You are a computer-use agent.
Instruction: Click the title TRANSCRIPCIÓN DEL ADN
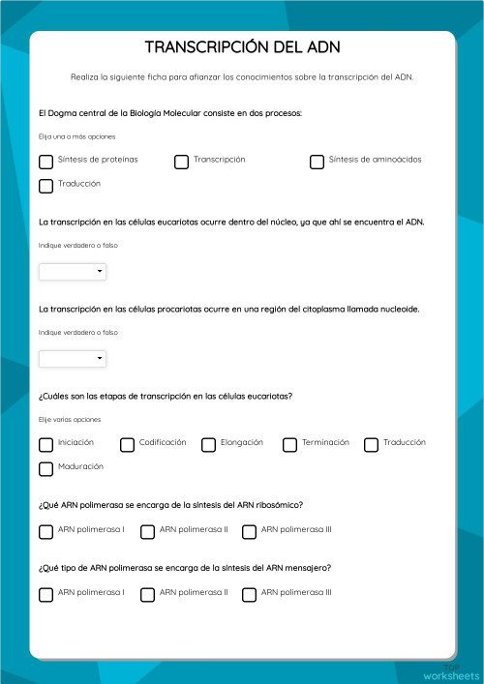(242, 47)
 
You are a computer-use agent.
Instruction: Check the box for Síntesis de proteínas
(45, 162)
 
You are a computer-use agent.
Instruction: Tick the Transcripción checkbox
(181, 162)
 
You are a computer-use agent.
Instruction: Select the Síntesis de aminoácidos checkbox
(317, 162)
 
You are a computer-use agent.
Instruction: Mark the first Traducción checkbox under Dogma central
(45, 186)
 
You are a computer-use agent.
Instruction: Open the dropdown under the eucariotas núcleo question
(73, 273)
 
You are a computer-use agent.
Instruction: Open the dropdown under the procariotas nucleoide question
(73, 359)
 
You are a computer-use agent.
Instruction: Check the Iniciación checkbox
(45, 445)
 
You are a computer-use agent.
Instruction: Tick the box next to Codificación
(127, 445)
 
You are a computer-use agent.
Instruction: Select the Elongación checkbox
(208, 445)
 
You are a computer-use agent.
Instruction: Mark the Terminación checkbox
(289, 445)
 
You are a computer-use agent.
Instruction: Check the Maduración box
(45, 469)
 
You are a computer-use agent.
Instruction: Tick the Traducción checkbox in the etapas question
(371, 445)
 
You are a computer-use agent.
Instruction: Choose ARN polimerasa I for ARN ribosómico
(45, 531)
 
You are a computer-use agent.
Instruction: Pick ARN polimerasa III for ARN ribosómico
(249, 531)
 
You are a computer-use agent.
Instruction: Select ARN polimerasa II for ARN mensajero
(147, 594)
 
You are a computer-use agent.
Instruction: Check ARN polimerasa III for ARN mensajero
(249, 594)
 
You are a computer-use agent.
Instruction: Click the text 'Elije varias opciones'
(70, 420)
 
